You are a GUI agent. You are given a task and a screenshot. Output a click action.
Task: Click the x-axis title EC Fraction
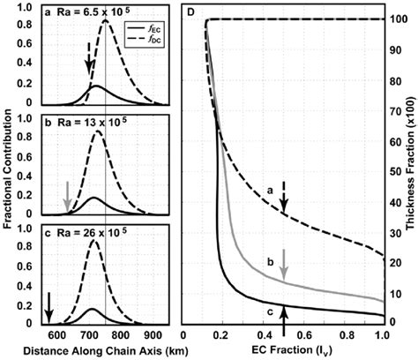tap(283, 350)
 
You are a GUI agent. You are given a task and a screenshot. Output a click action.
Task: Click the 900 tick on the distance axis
tap(152, 335)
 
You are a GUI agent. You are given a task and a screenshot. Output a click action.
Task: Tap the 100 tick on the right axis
tap(395, 19)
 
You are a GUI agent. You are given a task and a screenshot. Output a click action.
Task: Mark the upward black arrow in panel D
tap(284, 314)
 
